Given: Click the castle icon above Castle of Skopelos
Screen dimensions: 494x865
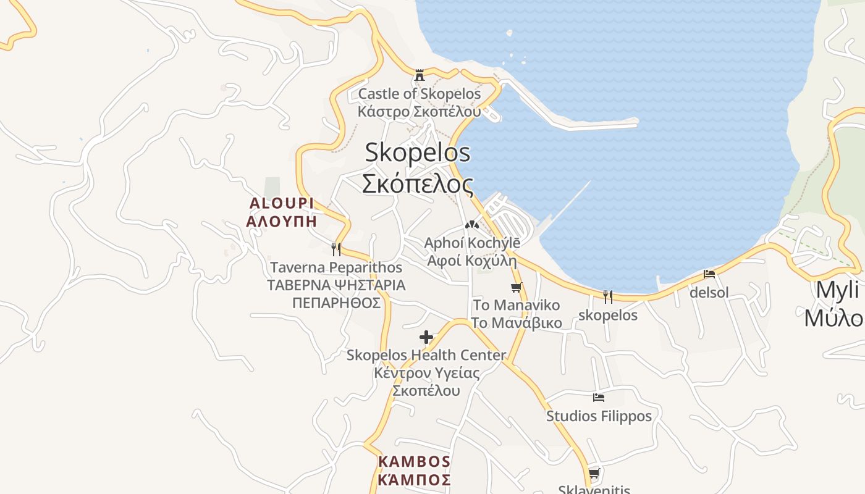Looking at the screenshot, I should (420, 76).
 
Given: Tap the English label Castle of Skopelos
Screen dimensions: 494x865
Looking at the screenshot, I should (419, 94).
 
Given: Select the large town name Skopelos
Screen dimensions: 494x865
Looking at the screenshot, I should (417, 153).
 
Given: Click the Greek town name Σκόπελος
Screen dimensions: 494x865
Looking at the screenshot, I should (417, 183).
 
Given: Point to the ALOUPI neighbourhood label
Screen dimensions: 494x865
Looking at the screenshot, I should (282, 203).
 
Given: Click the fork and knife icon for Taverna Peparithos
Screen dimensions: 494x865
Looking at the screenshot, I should (336, 249).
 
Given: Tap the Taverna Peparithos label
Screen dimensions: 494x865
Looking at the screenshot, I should (336, 267).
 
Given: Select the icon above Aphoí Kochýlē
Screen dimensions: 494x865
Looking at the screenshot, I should (472, 225).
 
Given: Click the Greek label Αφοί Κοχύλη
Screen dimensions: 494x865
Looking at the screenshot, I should (472, 260).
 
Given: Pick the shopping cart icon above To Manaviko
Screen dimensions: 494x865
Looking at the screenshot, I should (517, 287).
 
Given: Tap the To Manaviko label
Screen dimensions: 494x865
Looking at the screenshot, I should (517, 305).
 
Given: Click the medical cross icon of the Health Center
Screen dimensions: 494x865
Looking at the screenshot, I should (426, 337).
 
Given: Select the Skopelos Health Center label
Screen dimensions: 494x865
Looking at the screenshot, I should (426, 355).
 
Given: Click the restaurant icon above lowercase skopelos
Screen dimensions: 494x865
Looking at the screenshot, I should (608, 297).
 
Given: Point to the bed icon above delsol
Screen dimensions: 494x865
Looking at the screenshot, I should (709, 274).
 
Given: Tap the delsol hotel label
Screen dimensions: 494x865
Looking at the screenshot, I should (709, 292).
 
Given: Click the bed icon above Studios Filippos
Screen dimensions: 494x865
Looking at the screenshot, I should (598, 398).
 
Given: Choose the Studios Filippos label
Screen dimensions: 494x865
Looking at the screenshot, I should (599, 416).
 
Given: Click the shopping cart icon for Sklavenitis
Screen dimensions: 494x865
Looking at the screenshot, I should (594, 474).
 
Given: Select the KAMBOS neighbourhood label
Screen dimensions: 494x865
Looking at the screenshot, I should (414, 461).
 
